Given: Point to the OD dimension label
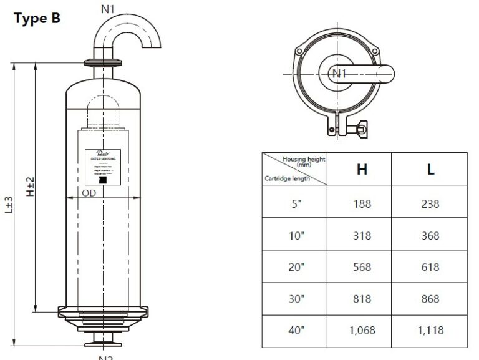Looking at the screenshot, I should click(x=89, y=193).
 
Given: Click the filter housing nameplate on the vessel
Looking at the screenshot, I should click(x=102, y=165).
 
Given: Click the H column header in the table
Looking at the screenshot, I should click(x=362, y=169).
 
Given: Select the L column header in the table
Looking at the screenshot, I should click(x=430, y=169).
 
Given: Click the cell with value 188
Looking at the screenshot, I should click(x=362, y=203).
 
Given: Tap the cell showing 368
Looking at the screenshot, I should click(x=430, y=236).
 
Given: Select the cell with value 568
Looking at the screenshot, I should click(x=362, y=267).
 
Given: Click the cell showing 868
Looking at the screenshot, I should click(x=430, y=299).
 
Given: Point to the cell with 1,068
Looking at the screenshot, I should click(x=362, y=331).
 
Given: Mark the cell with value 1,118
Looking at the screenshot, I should click(x=430, y=331).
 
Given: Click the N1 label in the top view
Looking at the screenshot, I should click(x=339, y=74).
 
